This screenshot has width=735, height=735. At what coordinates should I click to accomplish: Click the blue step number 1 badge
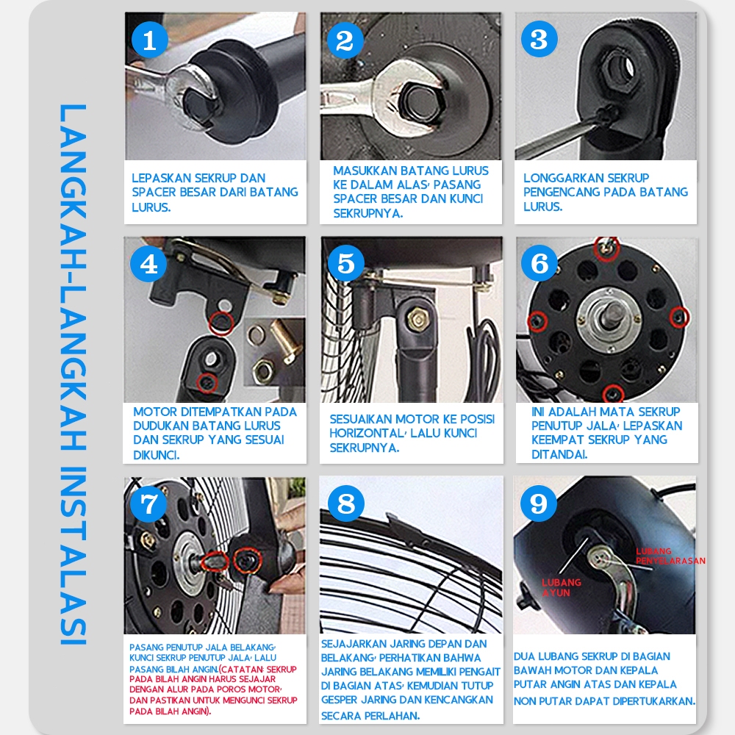pos(149,40)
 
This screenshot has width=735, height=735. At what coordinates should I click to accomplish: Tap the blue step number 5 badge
pos(346,263)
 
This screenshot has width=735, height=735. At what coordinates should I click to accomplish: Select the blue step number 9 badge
pos(539,503)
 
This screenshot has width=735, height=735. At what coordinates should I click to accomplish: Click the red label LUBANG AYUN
pos(561,587)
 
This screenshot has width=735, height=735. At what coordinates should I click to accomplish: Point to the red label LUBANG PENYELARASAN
pos(670,556)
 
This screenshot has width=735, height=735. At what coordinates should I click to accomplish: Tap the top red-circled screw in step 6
pos(606,249)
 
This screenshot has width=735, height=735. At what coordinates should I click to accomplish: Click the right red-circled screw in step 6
pos(678,318)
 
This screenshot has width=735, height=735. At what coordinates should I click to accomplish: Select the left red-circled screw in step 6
pos(537,321)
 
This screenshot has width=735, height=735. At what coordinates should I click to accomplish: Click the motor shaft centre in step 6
pos(610,316)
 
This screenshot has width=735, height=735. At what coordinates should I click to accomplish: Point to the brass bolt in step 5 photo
pos(417,320)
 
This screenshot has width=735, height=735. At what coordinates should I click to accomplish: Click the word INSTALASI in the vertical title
pos(73,556)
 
